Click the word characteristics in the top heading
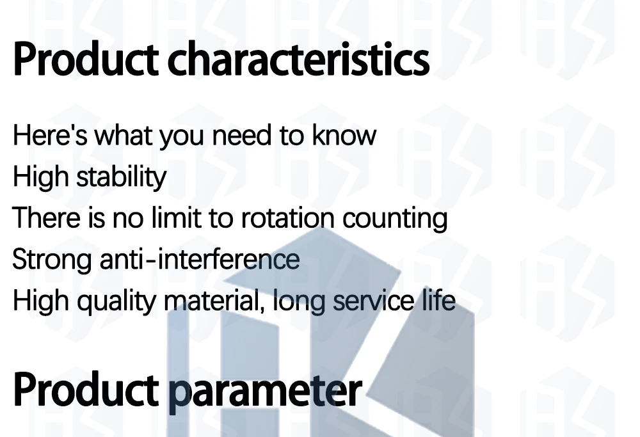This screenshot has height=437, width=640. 298,59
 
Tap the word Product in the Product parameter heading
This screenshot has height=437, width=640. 86,390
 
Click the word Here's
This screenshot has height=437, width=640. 50,135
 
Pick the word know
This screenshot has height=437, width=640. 344,135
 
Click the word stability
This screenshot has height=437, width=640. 122,178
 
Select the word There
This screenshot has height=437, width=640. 46,218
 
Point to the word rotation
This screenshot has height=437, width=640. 288,218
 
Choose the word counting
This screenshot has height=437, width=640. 395,219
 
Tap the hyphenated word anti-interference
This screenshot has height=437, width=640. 200,259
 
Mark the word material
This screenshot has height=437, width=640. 214,300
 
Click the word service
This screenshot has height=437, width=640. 374,300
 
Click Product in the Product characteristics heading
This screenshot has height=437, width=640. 86,59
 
